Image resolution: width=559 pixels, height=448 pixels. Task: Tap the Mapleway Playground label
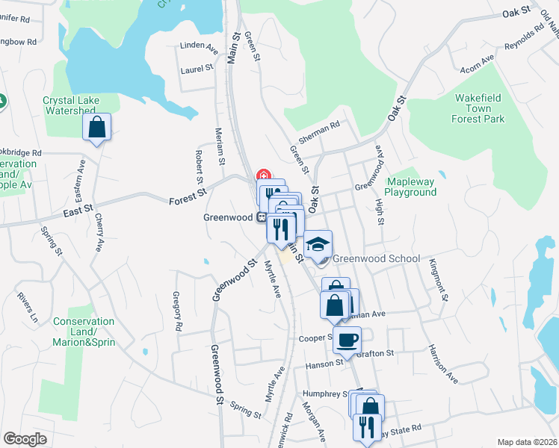(410, 187)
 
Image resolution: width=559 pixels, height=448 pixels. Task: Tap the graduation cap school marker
(318, 243)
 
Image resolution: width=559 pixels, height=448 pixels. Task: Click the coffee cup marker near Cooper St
(346, 340)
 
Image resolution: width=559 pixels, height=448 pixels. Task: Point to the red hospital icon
(263, 176)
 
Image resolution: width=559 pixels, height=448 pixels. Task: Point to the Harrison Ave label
(442, 364)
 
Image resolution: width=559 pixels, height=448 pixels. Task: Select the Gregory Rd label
(177, 312)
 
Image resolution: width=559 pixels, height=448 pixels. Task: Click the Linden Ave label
(198, 46)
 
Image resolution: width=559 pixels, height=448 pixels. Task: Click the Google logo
(25, 439)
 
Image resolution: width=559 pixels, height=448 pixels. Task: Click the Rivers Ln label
(27, 307)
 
